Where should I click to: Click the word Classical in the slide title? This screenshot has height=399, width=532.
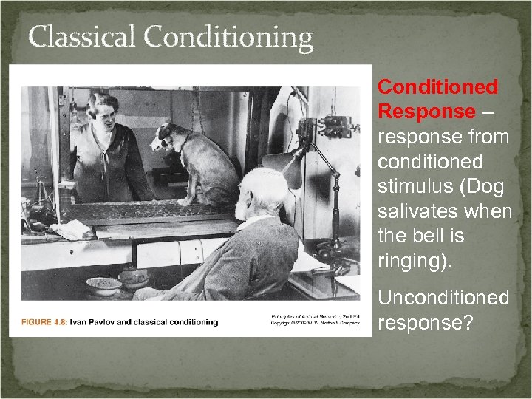(x=82, y=37)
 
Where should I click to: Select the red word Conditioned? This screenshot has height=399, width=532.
(x=437, y=87)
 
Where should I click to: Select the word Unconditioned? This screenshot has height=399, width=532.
(x=443, y=298)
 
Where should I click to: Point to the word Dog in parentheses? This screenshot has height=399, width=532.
(x=485, y=186)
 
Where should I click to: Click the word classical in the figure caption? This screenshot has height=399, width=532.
(x=151, y=322)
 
